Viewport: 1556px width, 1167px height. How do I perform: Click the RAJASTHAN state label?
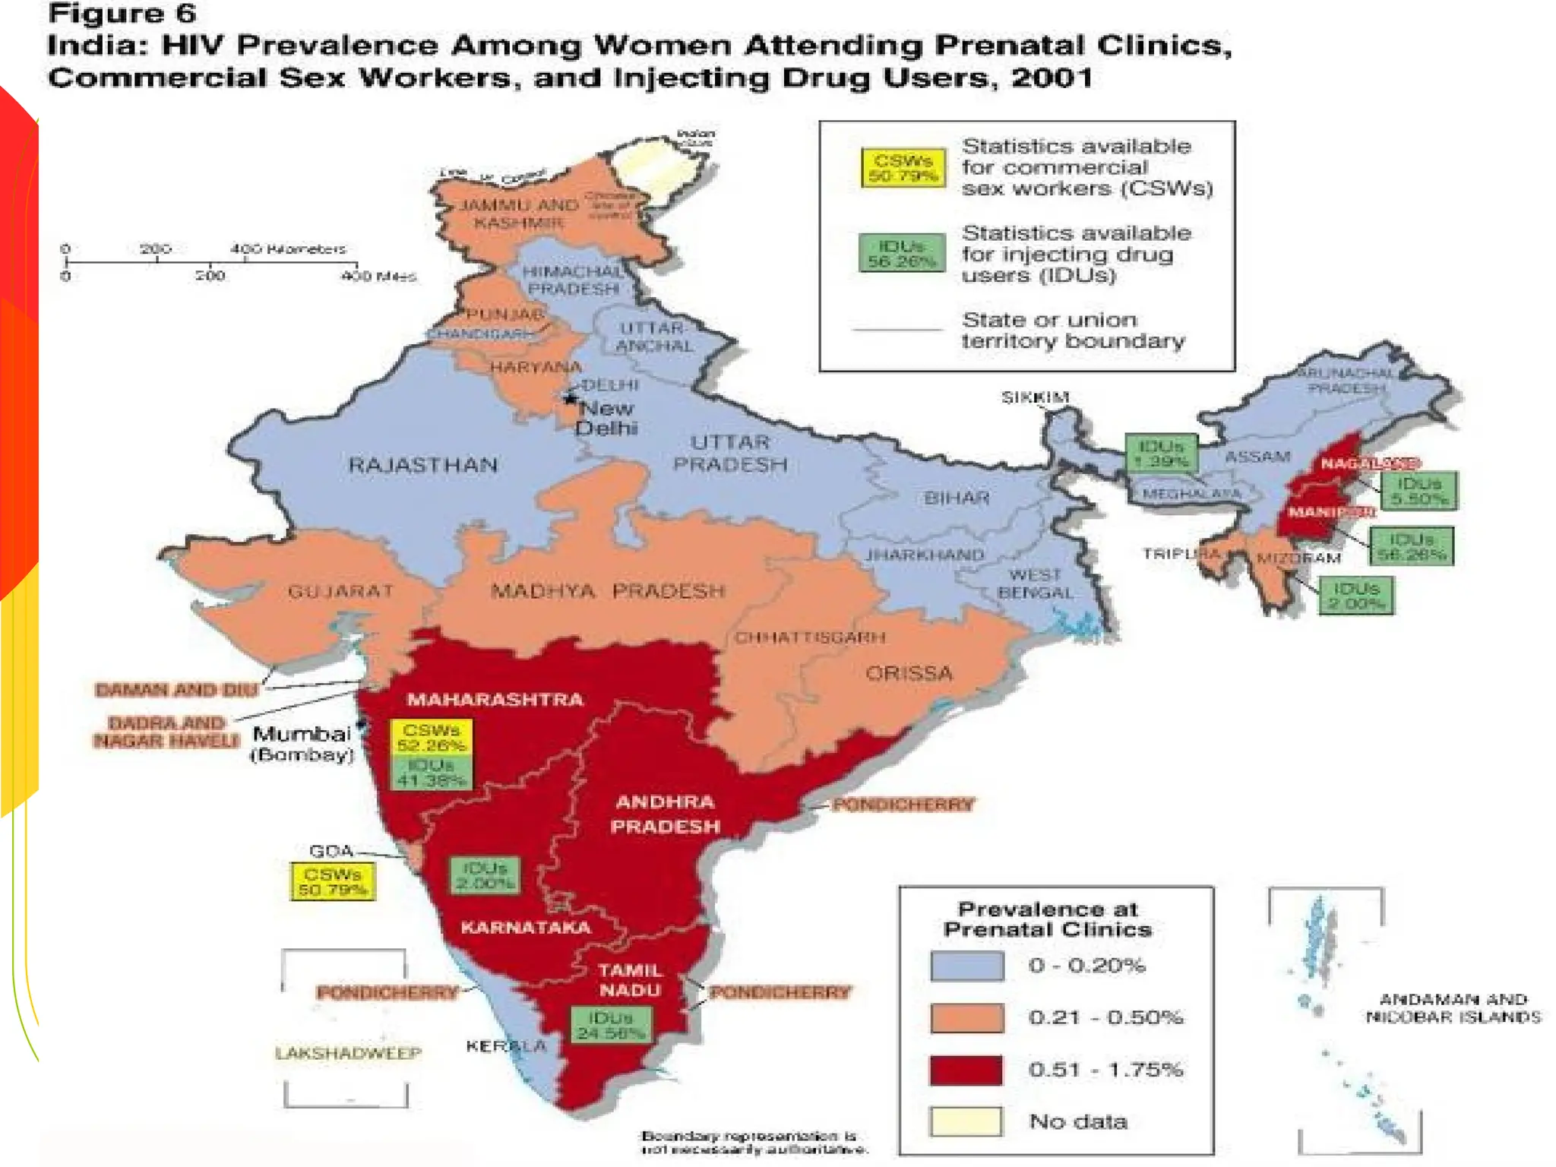pos(422,464)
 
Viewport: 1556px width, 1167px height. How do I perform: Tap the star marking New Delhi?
pos(570,398)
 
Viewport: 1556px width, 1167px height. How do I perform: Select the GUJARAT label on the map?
pos(340,590)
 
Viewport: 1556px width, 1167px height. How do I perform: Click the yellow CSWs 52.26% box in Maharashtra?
pos(431,737)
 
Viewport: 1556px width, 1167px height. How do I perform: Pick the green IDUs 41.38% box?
pos(431,772)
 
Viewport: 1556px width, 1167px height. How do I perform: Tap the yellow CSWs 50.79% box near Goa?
pos(333,881)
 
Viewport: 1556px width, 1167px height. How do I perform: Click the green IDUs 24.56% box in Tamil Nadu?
pos(610,1024)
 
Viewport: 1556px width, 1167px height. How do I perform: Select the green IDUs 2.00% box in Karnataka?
pos(485,875)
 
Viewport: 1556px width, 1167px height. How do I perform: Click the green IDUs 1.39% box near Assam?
pos(1161,453)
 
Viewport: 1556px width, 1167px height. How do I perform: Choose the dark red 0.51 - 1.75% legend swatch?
pos(966,1070)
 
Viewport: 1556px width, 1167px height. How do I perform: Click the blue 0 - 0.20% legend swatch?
pos(966,966)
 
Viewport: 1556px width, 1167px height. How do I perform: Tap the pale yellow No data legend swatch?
pos(966,1121)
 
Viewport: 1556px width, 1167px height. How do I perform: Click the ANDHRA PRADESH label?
pos(665,814)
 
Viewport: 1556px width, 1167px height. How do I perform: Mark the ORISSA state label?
pos(909,673)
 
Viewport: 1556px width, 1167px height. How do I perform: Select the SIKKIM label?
pos(1035,397)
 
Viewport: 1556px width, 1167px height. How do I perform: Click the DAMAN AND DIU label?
pos(176,689)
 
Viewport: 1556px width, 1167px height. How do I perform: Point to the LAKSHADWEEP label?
pos(348,1053)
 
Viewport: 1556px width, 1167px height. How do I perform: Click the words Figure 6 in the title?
pos(122,14)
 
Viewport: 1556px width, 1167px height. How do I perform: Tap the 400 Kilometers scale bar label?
pos(288,248)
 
